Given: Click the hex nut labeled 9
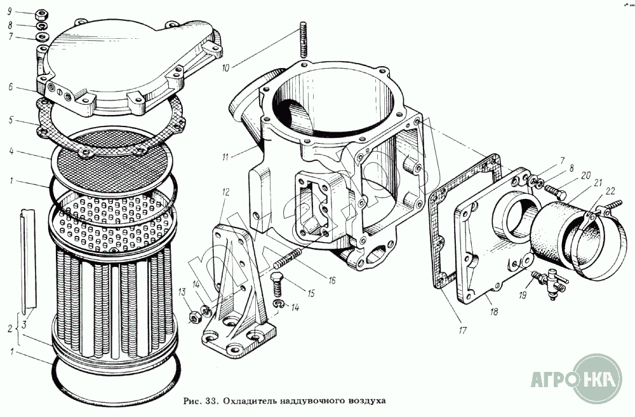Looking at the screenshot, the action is coord(43,16).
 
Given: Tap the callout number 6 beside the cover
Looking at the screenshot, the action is coord(11,87).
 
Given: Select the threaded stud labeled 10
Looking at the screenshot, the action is coord(302,39).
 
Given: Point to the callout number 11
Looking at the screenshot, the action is coord(225,156).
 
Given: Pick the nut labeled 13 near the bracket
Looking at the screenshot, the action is coord(194,317).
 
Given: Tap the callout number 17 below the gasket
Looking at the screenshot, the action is coord(462,331).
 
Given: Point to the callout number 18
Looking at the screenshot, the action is coord(493,311).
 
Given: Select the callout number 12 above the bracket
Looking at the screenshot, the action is coord(225,191).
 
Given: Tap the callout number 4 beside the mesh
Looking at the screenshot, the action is coord(11,151).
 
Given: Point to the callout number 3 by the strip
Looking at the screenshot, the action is coord(24,324).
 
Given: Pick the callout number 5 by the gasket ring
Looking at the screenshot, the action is coord(11,120).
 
